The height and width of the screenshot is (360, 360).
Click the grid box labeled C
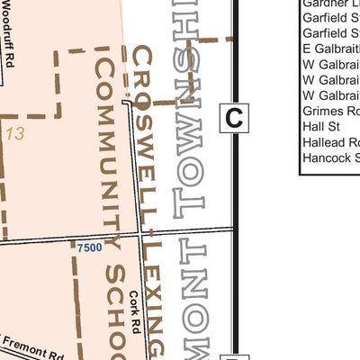[x=234, y=117]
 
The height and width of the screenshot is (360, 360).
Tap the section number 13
[x=13, y=133]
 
